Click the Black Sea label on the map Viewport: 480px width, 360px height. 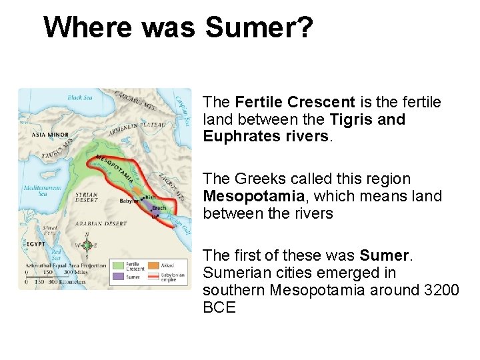(81, 99)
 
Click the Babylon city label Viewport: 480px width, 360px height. (129, 200)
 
